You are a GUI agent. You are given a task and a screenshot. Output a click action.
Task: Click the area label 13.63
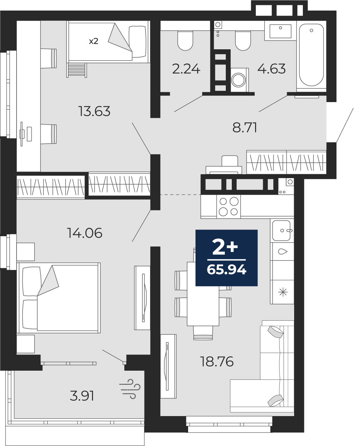[94, 111]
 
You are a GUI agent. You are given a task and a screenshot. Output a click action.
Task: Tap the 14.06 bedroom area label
[85, 233]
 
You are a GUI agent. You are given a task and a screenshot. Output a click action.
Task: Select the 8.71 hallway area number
[245, 127]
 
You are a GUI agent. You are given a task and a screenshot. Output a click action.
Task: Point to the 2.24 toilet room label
[186, 69]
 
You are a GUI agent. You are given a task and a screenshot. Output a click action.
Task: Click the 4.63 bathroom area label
[272, 69]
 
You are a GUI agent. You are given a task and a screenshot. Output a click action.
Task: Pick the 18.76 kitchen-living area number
[217, 362]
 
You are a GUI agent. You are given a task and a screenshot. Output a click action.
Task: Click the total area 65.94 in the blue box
[226, 270]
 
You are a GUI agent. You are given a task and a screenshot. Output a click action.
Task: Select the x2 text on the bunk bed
[94, 41]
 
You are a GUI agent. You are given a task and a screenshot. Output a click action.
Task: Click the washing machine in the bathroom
[240, 80]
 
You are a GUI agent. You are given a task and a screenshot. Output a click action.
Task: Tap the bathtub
[311, 56]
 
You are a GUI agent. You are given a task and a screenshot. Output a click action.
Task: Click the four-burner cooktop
[229, 207]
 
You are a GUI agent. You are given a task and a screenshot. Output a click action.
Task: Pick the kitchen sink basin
[281, 231]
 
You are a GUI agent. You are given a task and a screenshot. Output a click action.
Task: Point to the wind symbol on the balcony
[130, 389]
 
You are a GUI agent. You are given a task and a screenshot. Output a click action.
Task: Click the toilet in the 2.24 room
[185, 41]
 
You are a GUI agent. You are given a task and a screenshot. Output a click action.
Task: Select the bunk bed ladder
[76, 70]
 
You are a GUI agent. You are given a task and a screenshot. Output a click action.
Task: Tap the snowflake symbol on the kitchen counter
[283, 293]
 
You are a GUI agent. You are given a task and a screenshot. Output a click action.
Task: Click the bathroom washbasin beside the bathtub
[280, 31]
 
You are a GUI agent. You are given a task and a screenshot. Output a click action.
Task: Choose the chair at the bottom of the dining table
[203, 333]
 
